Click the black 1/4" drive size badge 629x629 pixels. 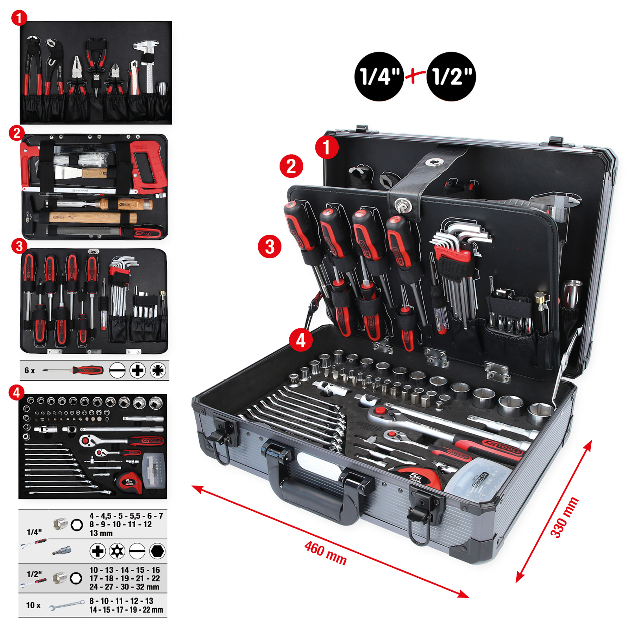tap(379, 76)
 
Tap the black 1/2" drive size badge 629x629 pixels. tap(451, 76)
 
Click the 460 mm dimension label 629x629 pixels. tap(326, 553)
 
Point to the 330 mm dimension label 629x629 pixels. tap(564, 517)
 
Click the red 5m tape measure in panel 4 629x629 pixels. tap(129, 482)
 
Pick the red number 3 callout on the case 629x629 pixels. tap(269, 246)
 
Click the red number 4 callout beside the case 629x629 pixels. tap(301, 340)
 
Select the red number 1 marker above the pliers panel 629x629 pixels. tap(19, 18)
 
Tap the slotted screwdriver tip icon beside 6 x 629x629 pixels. tap(117, 370)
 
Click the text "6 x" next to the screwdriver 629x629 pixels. tap(29, 370)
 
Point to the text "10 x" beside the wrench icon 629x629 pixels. tap(33, 605)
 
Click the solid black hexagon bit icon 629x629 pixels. tap(157, 551)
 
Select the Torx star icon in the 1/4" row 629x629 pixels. tap(117, 551)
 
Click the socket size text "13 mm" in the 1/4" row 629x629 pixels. tap(101, 533)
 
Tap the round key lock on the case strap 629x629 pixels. tap(402, 205)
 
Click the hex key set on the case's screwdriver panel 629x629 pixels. tap(460, 267)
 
